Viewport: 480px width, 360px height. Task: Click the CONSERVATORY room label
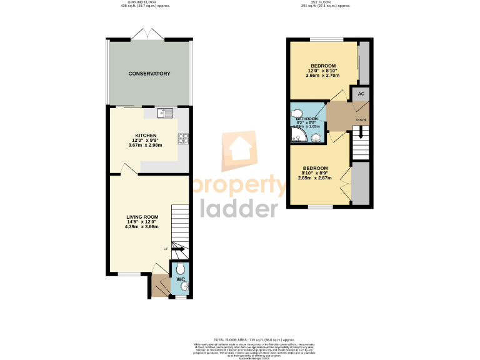tap(149, 74)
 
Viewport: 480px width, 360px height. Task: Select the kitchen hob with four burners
tap(183, 139)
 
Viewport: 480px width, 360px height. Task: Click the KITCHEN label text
tap(145, 135)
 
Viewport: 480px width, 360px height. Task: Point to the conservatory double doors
tap(149, 34)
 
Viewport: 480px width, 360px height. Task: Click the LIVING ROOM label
tap(142, 217)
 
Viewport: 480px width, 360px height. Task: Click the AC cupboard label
tap(361, 93)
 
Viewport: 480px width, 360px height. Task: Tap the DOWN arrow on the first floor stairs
tap(361, 134)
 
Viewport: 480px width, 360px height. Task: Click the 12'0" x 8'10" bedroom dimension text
tap(323, 71)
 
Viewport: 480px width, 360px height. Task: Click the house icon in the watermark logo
tap(241, 150)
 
